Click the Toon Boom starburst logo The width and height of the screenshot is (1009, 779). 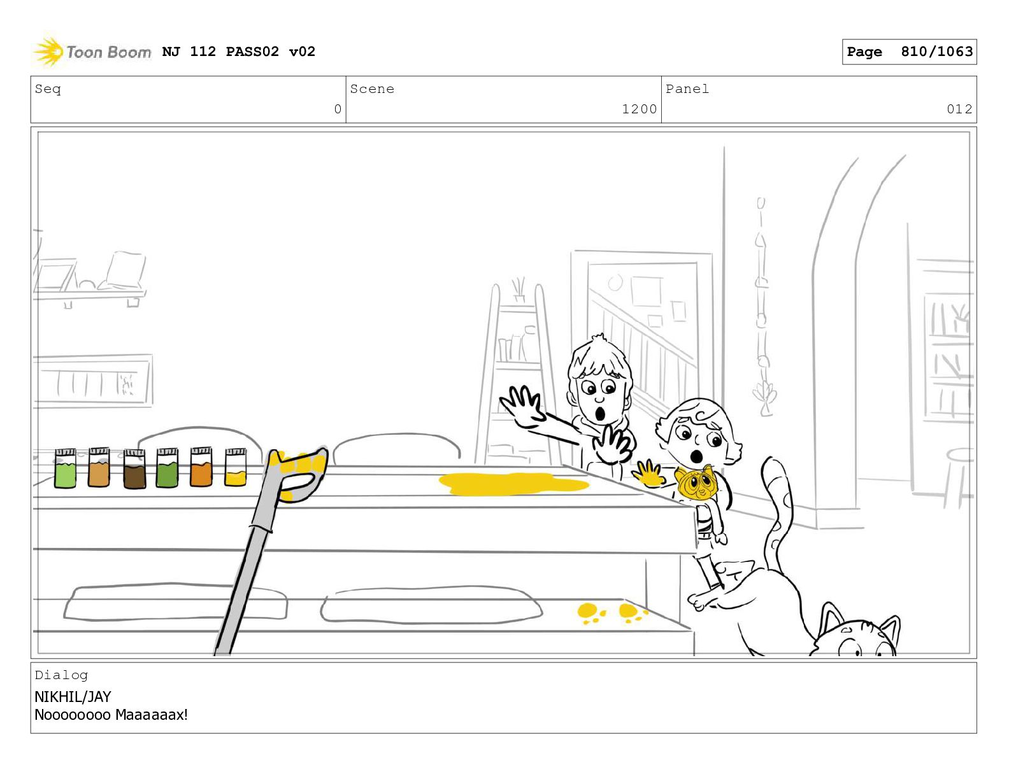(x=48, y=52)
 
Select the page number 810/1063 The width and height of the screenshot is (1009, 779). (x=936, y=52)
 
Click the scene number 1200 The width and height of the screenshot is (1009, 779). (x=639, y=109)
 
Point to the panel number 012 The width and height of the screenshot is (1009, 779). (x=959, y=109)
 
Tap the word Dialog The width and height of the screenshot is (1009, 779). (x=61, y=675)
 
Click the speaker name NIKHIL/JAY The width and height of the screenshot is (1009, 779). (x=73, y=697)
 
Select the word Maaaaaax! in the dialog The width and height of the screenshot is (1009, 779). (x=152, y=715)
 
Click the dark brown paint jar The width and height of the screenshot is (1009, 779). (x=134, y=468)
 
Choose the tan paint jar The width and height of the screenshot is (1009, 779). (x=99, y=467)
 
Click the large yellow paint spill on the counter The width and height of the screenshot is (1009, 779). (x=513, y=484)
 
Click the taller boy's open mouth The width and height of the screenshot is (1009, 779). (x=601, y=413)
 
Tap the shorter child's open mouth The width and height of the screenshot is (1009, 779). (x=696, y=456)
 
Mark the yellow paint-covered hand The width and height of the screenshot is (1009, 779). (x=648, y=474)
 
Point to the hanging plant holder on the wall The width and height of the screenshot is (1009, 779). (x=762, y=306)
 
